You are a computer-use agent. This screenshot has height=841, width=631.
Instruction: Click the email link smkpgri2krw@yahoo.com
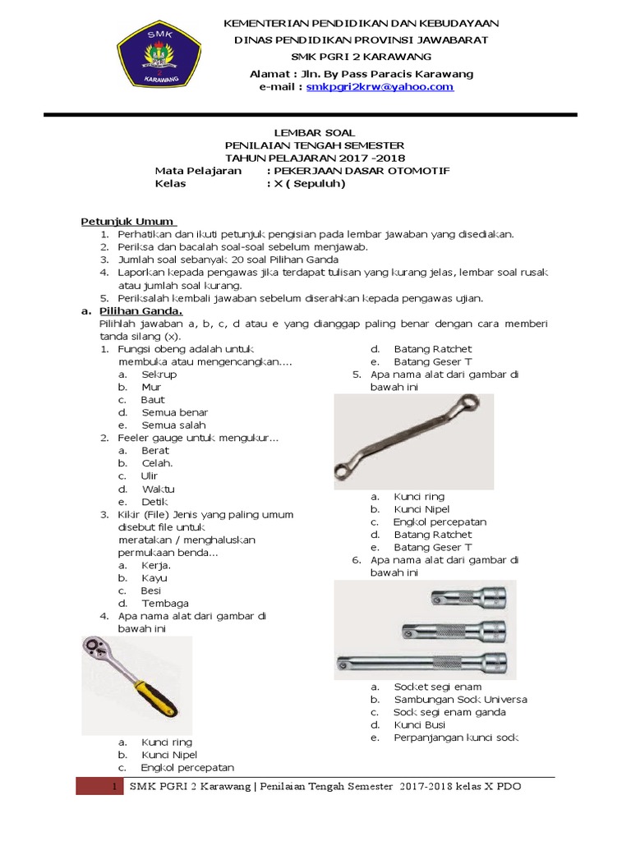tap(380, 86)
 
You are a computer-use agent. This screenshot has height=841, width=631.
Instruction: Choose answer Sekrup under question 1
tap(159, 375)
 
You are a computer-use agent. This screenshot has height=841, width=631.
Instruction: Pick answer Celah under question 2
tap(157, 463)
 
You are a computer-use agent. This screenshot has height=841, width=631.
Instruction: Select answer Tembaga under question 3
tap(164, 603)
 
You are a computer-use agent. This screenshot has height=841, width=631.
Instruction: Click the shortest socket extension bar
tap(468, 599)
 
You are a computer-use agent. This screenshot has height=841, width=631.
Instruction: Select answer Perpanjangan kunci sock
tap(456, 738)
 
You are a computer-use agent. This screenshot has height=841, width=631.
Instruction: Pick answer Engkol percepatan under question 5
tap(440, 522)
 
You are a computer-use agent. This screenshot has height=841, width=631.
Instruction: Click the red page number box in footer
tap(99, 786)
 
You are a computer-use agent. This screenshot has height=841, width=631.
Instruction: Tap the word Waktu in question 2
tap(158, 489)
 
